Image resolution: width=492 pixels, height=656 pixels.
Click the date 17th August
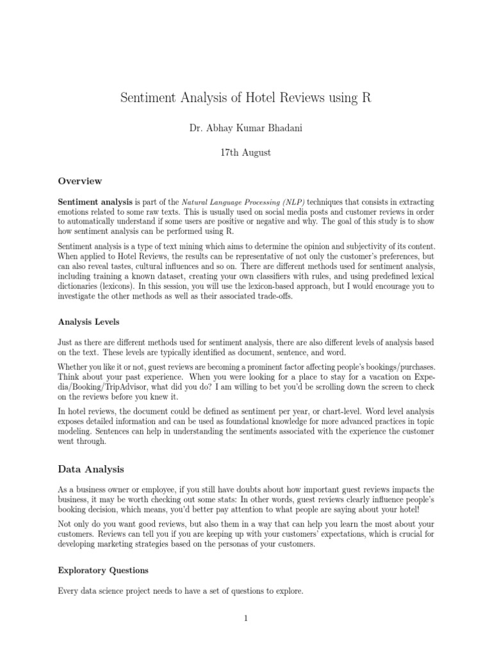pos(246,152)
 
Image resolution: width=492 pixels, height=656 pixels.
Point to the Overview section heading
pos(80,181)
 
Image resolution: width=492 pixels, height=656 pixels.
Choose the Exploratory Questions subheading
pos(103,570)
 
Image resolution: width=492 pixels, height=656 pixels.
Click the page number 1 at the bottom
pos(245,618)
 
